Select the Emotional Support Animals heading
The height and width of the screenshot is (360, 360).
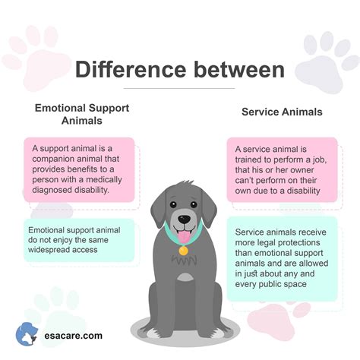81,114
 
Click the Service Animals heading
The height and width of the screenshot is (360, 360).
282,112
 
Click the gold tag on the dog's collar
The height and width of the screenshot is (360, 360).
183,250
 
